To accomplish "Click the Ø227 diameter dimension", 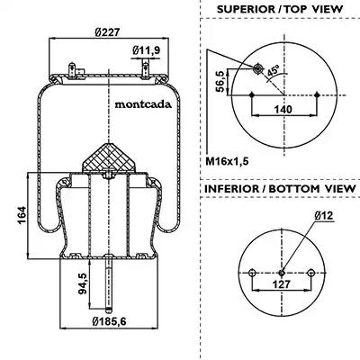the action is coord(107,32).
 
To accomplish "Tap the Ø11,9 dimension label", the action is coord(146,50).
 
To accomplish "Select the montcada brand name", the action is coord(143,104).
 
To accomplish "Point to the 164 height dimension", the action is coord(22,215).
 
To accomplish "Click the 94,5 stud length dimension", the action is coord(83,283).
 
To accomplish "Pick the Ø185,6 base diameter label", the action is coord(109,321).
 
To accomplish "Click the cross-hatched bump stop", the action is coord(109,157).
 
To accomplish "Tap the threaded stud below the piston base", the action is coord(109,283).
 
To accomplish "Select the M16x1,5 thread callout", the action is coord(227,161).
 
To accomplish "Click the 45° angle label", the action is coord(273,71).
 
